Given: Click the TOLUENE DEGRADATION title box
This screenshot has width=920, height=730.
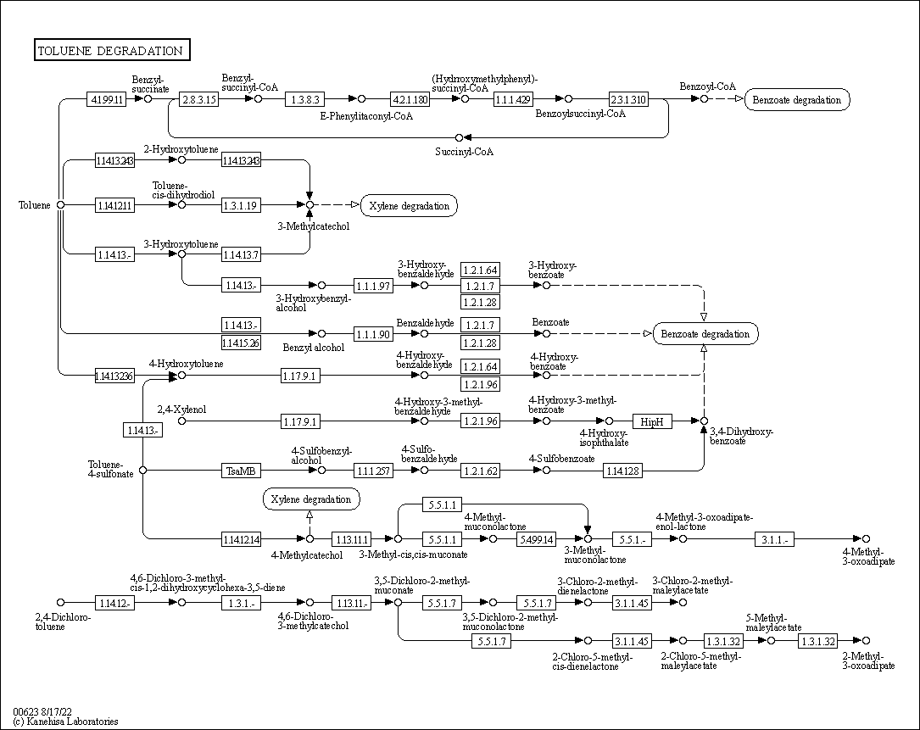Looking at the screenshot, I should [x=111, y=51].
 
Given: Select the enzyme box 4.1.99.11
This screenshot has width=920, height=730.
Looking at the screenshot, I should [x=107, y=99].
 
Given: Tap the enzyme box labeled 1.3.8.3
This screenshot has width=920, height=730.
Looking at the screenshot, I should [x=305, y=99].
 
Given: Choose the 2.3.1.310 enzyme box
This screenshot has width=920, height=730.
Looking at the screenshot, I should [x=628, y=99].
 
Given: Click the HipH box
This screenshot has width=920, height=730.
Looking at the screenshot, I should [x=652, y=421].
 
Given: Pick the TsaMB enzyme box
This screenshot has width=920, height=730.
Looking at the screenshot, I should [x=240, y=470].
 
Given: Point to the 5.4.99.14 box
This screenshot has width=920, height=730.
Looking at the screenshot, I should [x=536, y=539].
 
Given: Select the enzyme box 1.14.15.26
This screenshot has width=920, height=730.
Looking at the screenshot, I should [x=240, y=343].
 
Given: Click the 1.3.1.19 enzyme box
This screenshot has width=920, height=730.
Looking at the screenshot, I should [x=240, y=205].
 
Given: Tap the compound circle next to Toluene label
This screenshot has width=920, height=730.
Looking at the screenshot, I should [x=60, y=204].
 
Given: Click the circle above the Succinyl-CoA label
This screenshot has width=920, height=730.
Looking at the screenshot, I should [x=460, y=137].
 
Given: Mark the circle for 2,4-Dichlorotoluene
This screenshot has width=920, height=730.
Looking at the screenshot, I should [x=60, y=603].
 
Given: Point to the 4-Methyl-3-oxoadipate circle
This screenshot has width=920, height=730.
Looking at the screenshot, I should [x=866, y=539].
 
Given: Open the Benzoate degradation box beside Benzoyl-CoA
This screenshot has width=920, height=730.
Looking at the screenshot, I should [x=797, y=100].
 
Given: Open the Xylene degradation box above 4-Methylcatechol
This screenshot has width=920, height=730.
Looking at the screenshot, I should [x=311, y=499].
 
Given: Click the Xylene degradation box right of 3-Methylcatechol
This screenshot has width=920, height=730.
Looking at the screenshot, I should [x=409, y=205].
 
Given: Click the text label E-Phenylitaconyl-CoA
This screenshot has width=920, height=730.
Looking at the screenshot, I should [x=366, y=116].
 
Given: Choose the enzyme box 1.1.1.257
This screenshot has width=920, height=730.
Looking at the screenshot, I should [x=374, y=470].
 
